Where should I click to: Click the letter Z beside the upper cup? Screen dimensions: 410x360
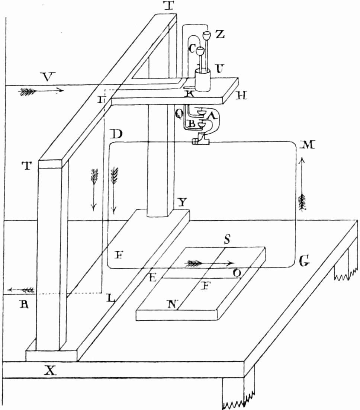[x=220, y=35]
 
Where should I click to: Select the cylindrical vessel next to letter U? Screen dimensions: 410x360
[x=203, y=81]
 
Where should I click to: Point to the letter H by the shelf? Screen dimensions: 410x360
[x=242, y=96]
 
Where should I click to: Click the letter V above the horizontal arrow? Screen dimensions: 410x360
[x=47, y=77]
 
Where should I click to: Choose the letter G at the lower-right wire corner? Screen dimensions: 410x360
[x=305, y=262]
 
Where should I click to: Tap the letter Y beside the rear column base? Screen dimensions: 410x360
[x=181, y=203]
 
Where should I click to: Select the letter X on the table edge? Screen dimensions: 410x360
[x=51, y=370]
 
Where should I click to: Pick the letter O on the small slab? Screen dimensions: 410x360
[x=237, y=273]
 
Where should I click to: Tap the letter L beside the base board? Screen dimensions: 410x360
[x=110, y=298]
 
